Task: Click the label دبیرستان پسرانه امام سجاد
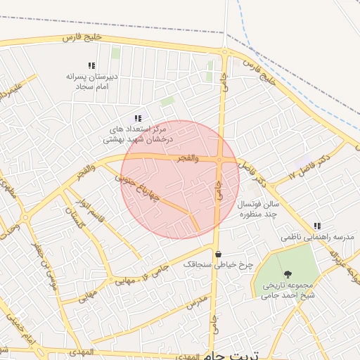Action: pos(91,82)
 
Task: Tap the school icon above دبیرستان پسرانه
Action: pos(91,65)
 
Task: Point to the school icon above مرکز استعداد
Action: pos(138,118)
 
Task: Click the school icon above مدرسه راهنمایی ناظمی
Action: pos(318,226)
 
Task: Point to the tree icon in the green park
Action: pos(287,274)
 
